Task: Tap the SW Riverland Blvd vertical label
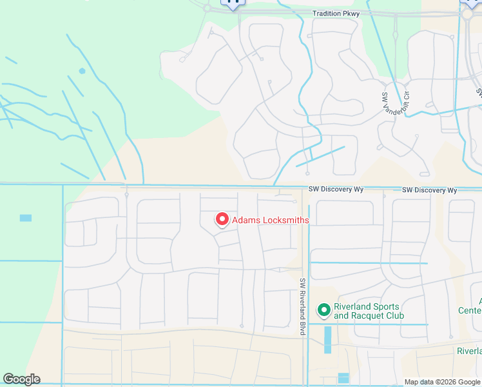[302, 306]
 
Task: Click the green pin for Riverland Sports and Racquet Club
[323, 311]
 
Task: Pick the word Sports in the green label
[385, 306]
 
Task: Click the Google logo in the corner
[21, 379]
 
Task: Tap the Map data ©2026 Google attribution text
[443, 382]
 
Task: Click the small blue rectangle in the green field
[26, 218]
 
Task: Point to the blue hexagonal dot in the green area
[82, 71]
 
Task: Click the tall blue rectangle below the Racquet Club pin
[327, 339]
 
